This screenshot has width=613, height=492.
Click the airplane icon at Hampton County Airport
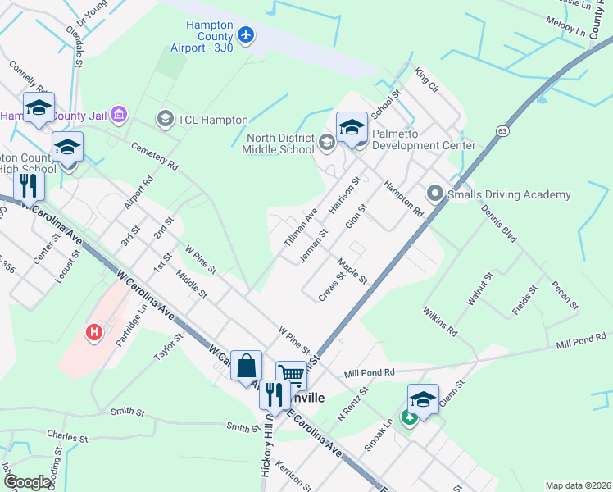246,35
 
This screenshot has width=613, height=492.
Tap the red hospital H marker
95,333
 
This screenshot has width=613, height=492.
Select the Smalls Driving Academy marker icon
434,194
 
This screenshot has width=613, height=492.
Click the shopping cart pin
291,375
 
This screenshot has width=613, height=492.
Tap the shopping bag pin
247,366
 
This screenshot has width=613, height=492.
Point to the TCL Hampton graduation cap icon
165,120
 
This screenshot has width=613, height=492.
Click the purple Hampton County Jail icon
120,113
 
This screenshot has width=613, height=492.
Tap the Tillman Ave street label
300,225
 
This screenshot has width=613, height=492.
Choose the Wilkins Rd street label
440,322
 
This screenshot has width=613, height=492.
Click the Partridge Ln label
130,326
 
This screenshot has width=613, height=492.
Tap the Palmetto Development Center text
424,139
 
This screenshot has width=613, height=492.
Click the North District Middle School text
279,144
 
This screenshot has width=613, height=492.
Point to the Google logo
27,482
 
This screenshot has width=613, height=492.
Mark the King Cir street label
428,80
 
